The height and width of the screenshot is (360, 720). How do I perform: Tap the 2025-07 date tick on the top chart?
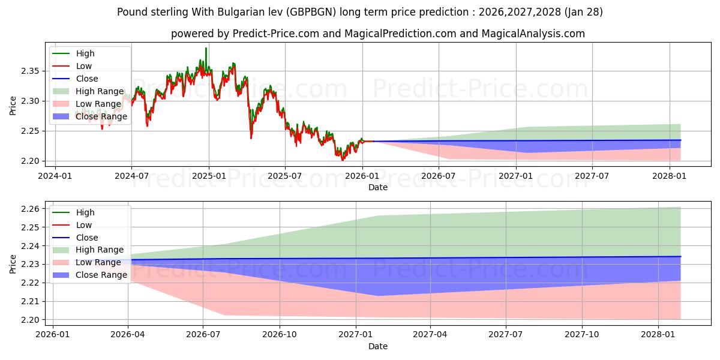(284, 175)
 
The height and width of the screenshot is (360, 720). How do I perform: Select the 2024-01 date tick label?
(55, 175)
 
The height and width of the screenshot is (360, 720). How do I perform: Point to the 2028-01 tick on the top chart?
(669, 175)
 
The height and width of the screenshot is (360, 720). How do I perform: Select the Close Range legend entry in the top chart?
(101, 116)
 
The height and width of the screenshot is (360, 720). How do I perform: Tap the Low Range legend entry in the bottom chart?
(98, 262)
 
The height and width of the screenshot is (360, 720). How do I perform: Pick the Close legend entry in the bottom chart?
(87, 238)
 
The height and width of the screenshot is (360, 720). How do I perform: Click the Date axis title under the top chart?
(378, 187)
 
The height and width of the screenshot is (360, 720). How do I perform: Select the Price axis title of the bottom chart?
(13, 264)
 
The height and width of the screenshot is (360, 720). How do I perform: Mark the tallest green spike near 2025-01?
(206, 48)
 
